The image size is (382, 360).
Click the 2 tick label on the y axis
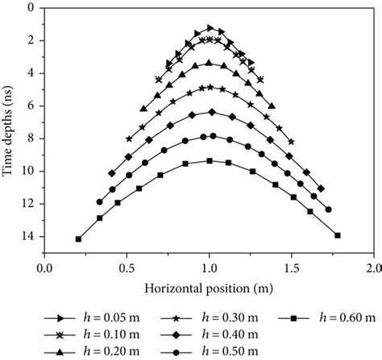point(30,40)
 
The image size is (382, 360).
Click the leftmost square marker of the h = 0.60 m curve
point(78,239)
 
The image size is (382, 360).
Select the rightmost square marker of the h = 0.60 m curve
point(338,235)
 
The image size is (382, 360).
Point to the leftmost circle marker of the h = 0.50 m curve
point(99,202)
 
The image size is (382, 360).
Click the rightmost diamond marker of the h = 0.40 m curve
point(322,188)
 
